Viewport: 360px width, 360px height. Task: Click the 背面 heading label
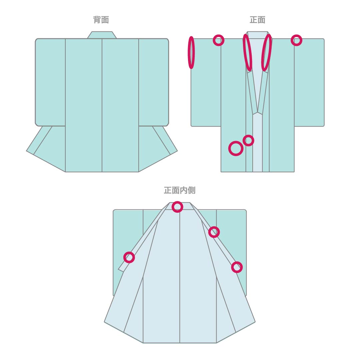pos(101,20)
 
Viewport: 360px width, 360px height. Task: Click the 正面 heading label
pos(257,20)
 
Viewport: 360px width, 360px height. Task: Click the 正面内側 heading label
pos(180,190)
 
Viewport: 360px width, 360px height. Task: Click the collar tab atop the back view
pos(102,35)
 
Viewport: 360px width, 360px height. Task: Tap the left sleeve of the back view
pos(50,82)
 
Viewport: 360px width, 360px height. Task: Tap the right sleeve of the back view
pos(154,82)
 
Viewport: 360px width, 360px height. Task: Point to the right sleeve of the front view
pos(309,82)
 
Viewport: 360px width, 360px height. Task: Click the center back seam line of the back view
pos(102,105)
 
